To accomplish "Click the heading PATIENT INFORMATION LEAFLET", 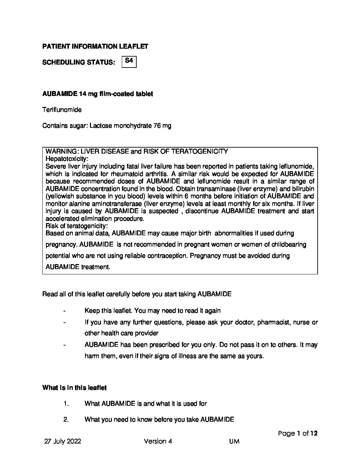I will (95, 46).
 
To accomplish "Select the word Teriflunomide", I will (62, 110).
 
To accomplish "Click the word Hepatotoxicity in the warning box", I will (67, 159).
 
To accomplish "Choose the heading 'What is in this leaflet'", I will (74, 388).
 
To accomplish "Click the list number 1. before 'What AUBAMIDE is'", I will (66, 404).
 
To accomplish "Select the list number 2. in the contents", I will (66, 420).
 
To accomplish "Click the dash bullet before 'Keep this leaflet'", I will (64, 311).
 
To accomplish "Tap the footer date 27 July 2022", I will (63, 441).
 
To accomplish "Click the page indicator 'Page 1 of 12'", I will (298, 433).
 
